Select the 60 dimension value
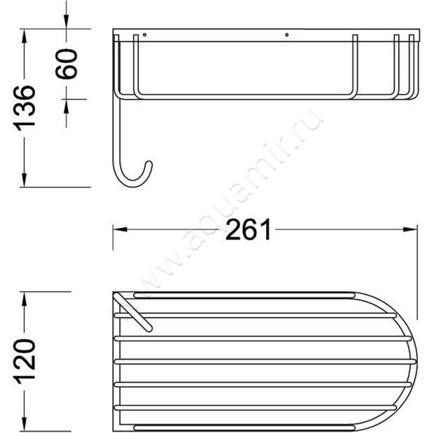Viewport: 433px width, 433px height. [x=66, y=64]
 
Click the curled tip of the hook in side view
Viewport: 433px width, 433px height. [x=149, y=163]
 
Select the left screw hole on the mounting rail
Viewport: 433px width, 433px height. [x=145, y=35]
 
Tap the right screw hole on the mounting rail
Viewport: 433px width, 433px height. [x=287, y=35]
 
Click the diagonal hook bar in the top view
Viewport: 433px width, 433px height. [x=133, y=312]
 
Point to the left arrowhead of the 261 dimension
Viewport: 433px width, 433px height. [x=120, y=229]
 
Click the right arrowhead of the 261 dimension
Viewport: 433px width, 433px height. [x=410, y=229]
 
